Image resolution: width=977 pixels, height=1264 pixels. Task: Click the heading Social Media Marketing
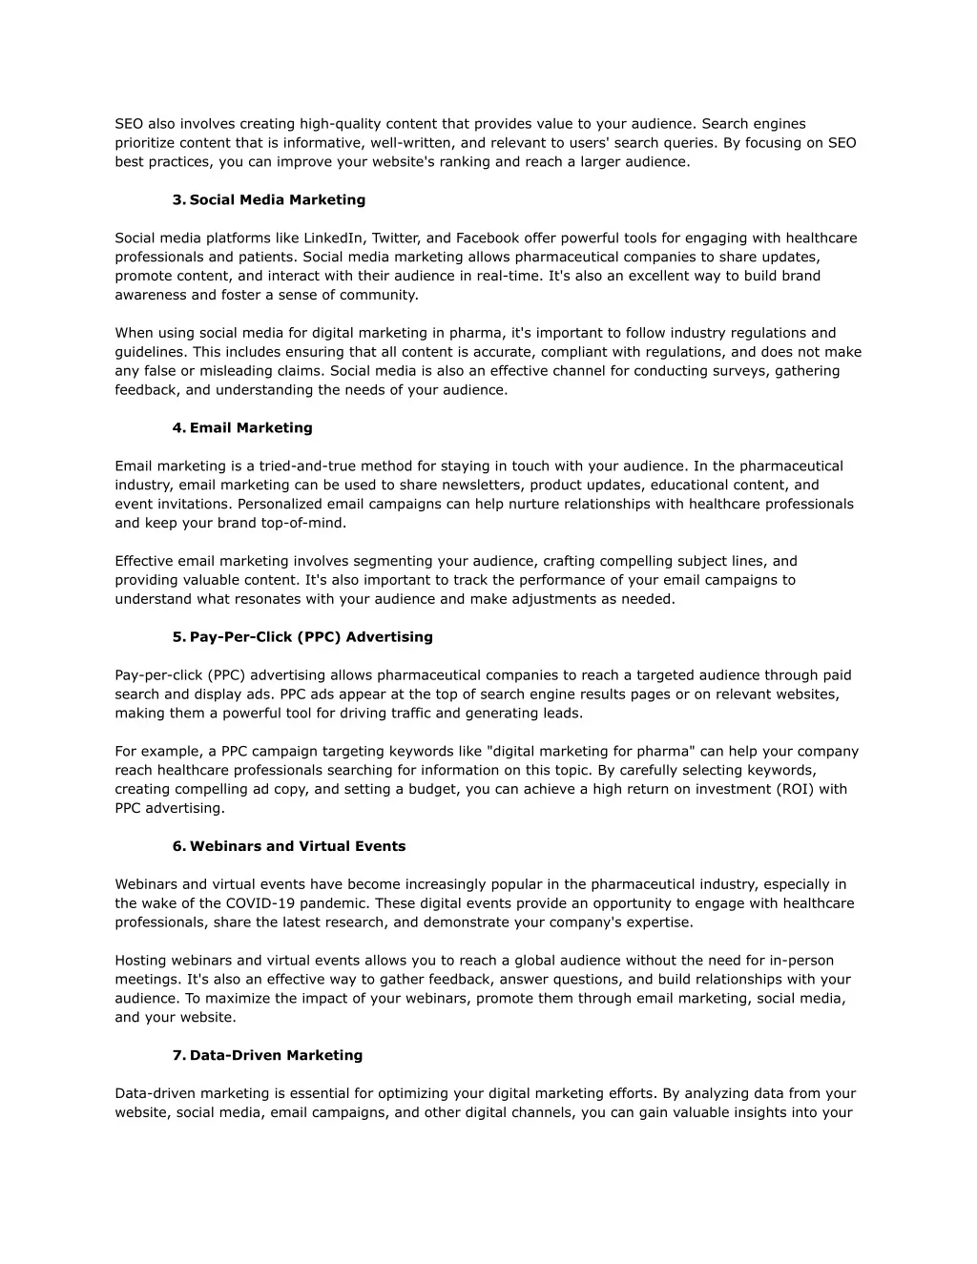tap(277, 200)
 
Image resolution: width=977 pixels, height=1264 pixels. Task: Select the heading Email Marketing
tap(251, 428)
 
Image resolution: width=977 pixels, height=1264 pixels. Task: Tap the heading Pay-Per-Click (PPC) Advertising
tap(311, 637)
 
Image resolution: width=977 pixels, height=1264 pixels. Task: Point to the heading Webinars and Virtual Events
tap(298, 846)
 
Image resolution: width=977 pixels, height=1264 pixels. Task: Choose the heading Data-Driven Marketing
tap(276, 1055)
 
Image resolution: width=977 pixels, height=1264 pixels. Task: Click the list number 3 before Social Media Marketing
tap(178, 200)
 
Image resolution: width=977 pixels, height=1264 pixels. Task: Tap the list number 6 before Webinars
tap(178, 846)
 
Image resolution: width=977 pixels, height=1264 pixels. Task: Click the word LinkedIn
tap(333, 238)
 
